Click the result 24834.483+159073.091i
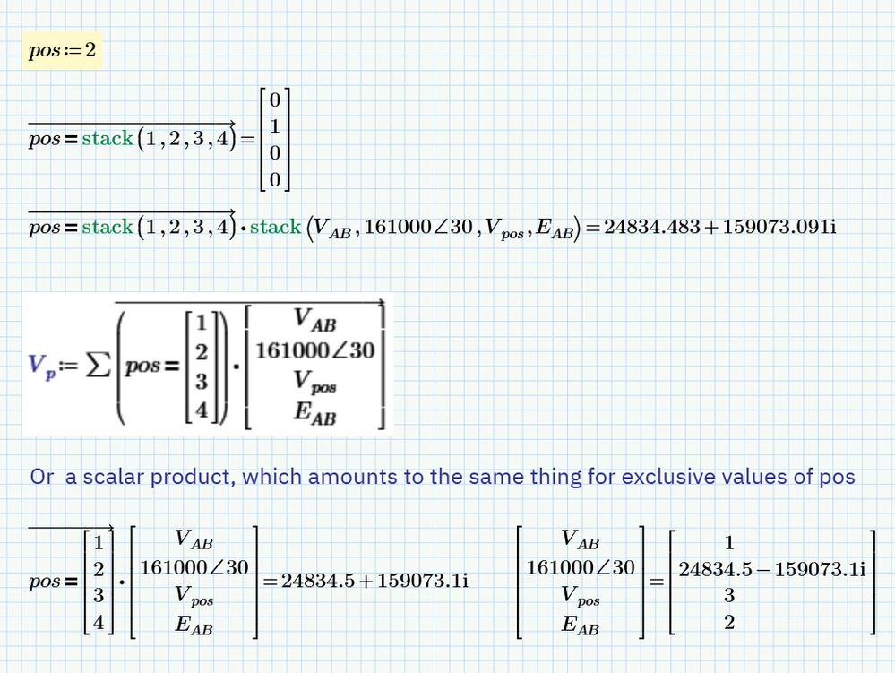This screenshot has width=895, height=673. click(719, 227)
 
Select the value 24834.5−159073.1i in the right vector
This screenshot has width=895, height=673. click(771, 568)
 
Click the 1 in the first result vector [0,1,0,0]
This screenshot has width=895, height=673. click(275, 126)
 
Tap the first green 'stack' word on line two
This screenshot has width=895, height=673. click(107, 139)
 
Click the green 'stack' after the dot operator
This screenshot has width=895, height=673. click(275, 227)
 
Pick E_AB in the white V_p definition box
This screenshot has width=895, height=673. click(314, 415)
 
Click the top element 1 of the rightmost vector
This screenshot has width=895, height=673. click(728, 542)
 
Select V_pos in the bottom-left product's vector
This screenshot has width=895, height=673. click(194, 596)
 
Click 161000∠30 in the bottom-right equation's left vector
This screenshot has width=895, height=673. click(581, 567)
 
